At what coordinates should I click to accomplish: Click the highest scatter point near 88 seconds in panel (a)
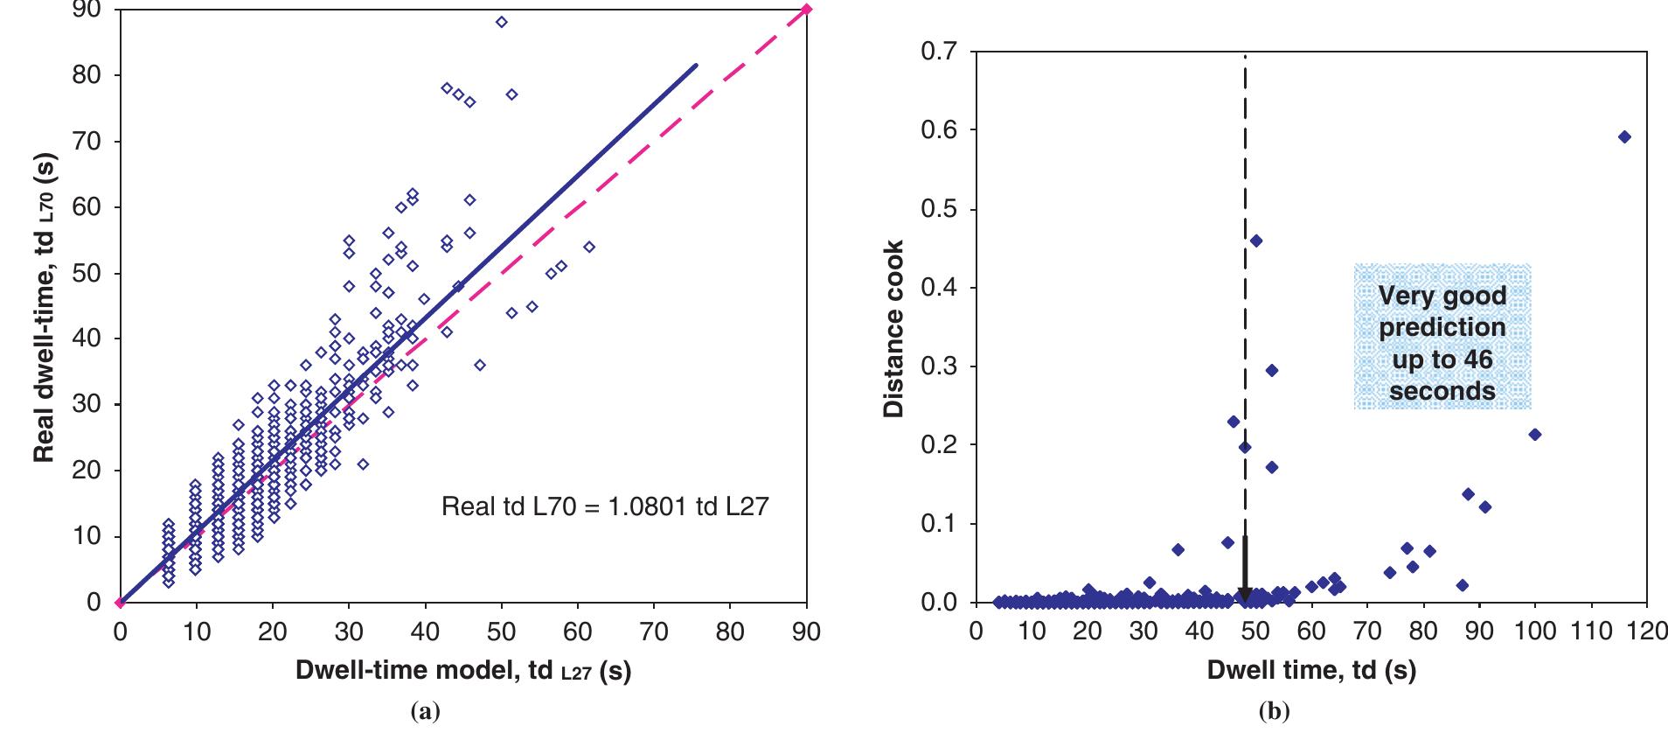click(x=501, y=22)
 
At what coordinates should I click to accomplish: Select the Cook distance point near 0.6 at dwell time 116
click(x=1624, y=136)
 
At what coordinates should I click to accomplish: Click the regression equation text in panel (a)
click(x=605, y=506)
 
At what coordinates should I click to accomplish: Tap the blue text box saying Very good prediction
click(x=1442, y=337)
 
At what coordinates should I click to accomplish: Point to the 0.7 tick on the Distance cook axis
click(x=939, y=52)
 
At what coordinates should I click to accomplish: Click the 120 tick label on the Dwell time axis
click(x=1647, y=632)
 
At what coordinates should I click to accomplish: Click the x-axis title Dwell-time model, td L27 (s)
click(x=463, y=672)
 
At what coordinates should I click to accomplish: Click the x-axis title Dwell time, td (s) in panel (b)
click(x=1310, y=672)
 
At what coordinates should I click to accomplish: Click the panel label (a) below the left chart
click(x=426, y=712)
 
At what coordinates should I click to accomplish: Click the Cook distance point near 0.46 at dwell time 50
click(x=1256, y=241)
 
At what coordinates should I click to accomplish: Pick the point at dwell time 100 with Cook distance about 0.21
click(x=1534, y=435)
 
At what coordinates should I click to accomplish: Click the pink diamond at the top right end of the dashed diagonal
click(x=806, y=10)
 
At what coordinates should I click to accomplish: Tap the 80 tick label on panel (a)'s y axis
click(x=88, y=75)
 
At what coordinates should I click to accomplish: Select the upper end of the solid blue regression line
click(x=696, y=66)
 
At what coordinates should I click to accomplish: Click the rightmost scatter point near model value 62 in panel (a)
click(x=589, y=247)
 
